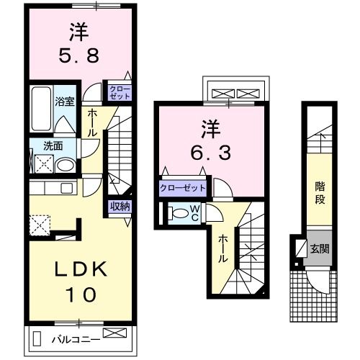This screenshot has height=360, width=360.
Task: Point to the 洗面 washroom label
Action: pos(53,145)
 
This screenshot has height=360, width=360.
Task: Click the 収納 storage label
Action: pos(120,207)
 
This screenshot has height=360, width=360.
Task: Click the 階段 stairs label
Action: pos(320,192)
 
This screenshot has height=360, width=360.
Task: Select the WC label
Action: pos(194,213)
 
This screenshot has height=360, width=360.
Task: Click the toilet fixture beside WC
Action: pos(177,214)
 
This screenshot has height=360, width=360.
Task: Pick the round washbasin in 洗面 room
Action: pos(64,165)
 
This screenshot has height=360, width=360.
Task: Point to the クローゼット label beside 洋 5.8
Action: pos(119,91)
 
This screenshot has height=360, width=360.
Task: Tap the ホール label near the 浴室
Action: pos(93,123)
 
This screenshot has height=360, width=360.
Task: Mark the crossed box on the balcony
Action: pos(114,333)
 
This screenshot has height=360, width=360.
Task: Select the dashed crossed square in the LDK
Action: pos(40,225)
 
